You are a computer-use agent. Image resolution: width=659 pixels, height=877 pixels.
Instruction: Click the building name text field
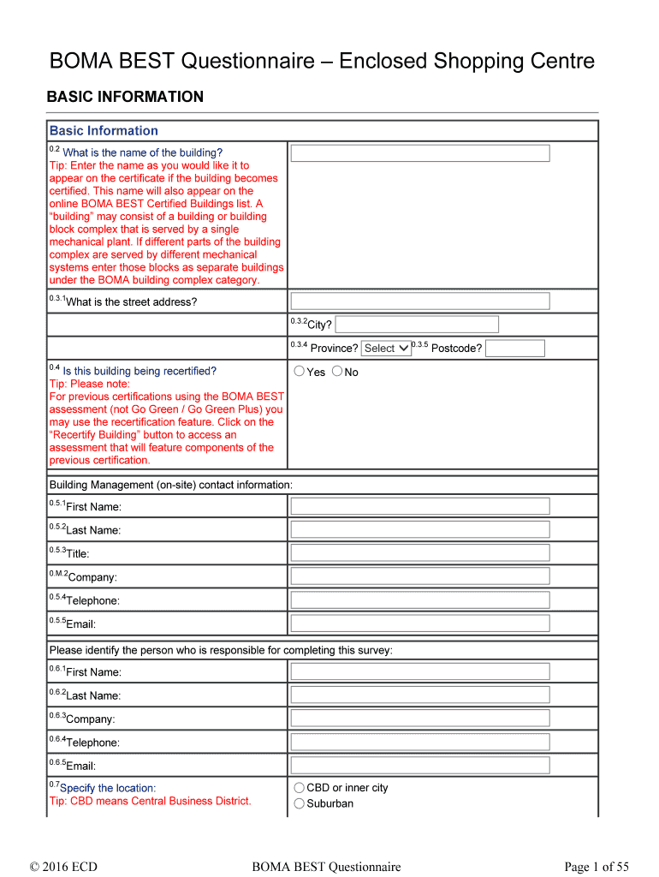click(x=419, y=153)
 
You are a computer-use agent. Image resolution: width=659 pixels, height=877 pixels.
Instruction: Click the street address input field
click(x=419, y=301)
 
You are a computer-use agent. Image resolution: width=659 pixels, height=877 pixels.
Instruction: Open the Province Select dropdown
click(x=386, y=349)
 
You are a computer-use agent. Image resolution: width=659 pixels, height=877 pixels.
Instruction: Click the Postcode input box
click(x=514, y=349)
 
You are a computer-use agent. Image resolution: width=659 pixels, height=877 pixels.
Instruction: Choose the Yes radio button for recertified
click(x=299, y=372)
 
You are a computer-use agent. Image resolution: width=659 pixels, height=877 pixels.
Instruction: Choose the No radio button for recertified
click(x=337, y=372)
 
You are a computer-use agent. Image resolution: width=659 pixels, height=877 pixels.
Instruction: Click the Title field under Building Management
click(x=419, y=553)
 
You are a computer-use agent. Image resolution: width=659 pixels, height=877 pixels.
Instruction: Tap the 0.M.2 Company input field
click(x=419, y=576)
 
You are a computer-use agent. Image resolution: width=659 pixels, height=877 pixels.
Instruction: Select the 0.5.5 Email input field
click(x=419, y=623)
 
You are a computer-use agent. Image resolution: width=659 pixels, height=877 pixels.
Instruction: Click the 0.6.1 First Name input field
click(x=419, y=671)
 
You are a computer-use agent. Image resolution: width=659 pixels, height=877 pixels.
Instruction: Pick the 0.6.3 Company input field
click(x=419, y=719)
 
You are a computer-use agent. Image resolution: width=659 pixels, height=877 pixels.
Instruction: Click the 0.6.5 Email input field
click(x=419, y=766)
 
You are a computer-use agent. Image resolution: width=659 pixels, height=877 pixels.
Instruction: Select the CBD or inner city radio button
click(x=299, y=788)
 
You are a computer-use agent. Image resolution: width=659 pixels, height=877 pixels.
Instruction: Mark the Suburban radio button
click(x=299, y=803)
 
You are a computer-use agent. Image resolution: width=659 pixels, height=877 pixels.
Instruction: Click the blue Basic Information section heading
click(x=104, y=131)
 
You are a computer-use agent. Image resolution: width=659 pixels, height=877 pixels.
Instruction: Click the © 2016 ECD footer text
click(x=63, y=868)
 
